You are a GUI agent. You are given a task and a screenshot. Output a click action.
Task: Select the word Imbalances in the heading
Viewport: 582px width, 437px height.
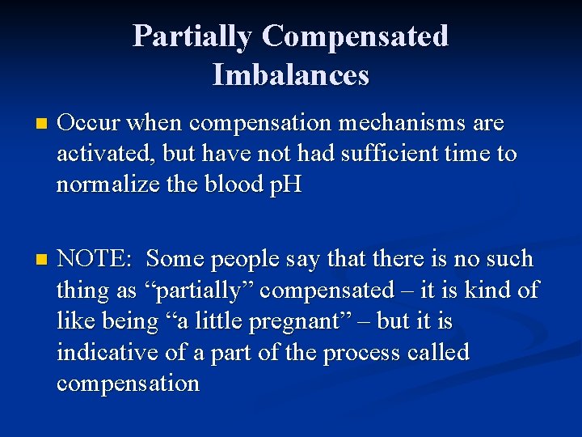coord(291,75)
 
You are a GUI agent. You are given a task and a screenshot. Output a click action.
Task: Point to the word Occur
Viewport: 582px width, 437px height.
coord(88,124)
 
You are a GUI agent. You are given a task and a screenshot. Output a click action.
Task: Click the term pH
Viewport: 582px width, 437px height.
coord(285,185)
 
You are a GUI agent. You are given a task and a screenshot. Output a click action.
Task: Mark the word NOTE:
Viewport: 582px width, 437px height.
coord(94,259)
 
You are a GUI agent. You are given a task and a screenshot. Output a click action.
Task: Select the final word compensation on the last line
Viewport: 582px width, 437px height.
coord(128,383)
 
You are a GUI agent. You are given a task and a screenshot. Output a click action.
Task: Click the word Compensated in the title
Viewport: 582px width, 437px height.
coord(355,36)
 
